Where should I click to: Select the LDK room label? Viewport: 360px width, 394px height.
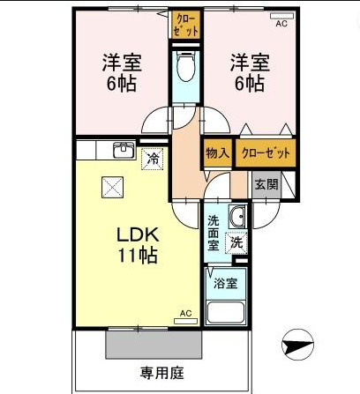pos(139,236)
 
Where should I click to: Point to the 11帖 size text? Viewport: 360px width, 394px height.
pos(139,256)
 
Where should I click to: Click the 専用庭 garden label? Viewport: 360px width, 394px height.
pos(162,373)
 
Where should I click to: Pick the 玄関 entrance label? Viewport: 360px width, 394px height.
pos(266,184)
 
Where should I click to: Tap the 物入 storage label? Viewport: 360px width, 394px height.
pos(218,152)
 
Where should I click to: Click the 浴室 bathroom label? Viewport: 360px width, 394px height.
pos(225,284)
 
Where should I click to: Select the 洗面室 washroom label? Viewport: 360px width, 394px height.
pos(214,228)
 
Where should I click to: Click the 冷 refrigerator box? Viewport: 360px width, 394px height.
pos(153,159)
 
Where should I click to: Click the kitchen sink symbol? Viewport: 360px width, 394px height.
pos(122,151)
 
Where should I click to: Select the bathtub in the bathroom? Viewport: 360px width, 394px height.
pos(226,313)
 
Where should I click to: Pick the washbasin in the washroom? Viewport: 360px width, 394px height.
pos(237,219)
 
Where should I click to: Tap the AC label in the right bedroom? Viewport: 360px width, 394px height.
pos(281,24)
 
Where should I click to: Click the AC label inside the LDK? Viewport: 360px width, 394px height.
pos(186,313)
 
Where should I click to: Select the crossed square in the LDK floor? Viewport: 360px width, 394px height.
pos(113,186)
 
